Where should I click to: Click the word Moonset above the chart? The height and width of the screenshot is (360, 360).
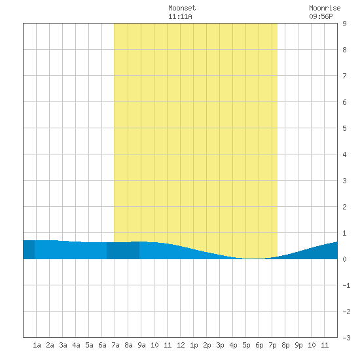[182, 8]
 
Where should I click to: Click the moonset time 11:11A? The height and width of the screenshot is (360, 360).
[180, 16]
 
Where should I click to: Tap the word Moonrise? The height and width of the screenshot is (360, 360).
[325, 8]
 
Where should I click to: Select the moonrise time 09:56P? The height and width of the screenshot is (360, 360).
[321, 16]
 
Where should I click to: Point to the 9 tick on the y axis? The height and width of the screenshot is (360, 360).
[344, 24]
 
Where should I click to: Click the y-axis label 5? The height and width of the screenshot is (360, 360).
[344, 128]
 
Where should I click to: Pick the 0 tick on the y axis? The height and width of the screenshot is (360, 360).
[344, 259]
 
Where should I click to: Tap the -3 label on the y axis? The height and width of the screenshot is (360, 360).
[346, 338]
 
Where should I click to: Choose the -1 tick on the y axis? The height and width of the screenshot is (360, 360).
[346, 285]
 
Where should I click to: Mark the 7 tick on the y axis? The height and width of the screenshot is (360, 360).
[344, 76]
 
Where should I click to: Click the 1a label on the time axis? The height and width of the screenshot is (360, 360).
[37, 345]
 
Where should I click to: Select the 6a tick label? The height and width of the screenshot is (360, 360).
[102, 345]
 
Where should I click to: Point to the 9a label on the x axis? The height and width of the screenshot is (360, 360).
[141, 345]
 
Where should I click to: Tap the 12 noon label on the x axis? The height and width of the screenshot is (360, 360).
[181, 345]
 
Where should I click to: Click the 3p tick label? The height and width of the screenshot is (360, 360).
[220, 345]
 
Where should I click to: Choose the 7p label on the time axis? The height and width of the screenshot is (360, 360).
[272, 345]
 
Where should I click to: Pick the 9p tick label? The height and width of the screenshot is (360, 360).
[298, 345]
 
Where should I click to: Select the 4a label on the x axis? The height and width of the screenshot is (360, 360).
[76, 345]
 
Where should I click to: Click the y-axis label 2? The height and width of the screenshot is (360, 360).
[344, 207]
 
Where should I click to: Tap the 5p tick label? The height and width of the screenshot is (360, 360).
[246, 345]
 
